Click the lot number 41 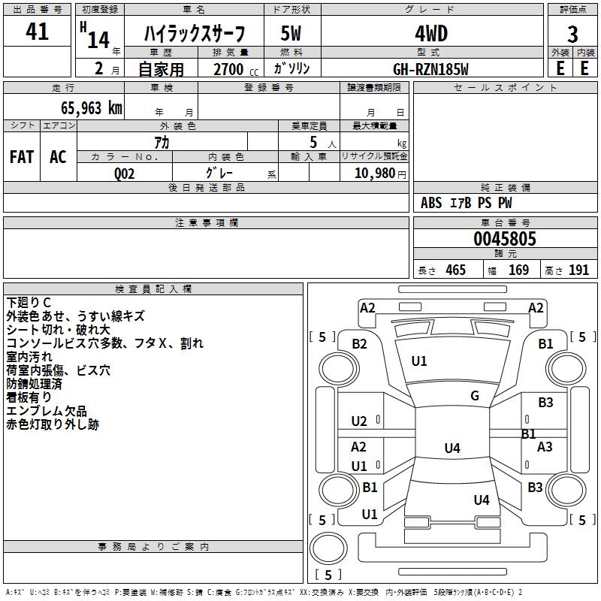tap(37, 32)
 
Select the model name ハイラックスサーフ tap(194, 35)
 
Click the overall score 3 tap(572, 35)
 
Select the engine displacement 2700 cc tap(229, 69)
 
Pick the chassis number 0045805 tap(505, 240)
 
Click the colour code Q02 tap(125, 173)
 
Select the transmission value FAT tap(22, 156)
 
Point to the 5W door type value tap(291, 35)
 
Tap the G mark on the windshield tap(475, 396)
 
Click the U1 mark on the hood tap(419, 361)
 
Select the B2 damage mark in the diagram tap(360, 343)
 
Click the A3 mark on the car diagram tap(545, 447)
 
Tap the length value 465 tap(455, 270)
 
